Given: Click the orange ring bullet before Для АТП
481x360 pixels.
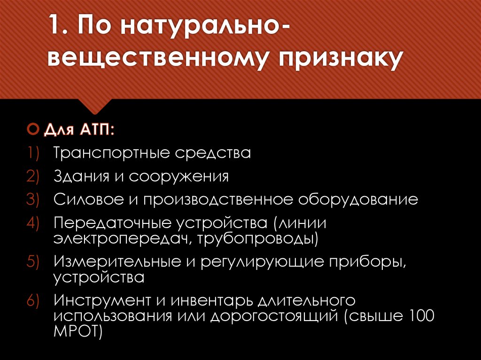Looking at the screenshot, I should tap(32, 129).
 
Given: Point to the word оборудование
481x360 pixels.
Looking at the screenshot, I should tap(357, 200).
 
